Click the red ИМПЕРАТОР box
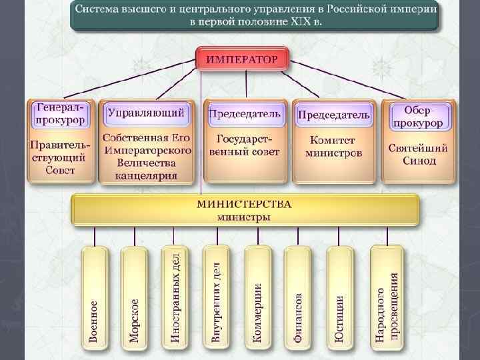[242, 59]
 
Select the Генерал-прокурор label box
[60, 114]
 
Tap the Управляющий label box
[146, 113]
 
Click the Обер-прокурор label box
[418, 115]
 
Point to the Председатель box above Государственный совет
[245, 113]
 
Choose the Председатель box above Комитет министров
[333, 115]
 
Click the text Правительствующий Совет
[60, 157]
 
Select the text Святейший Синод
[418, 155]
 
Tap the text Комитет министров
[333, 147]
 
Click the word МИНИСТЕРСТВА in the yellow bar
[244, 204]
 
